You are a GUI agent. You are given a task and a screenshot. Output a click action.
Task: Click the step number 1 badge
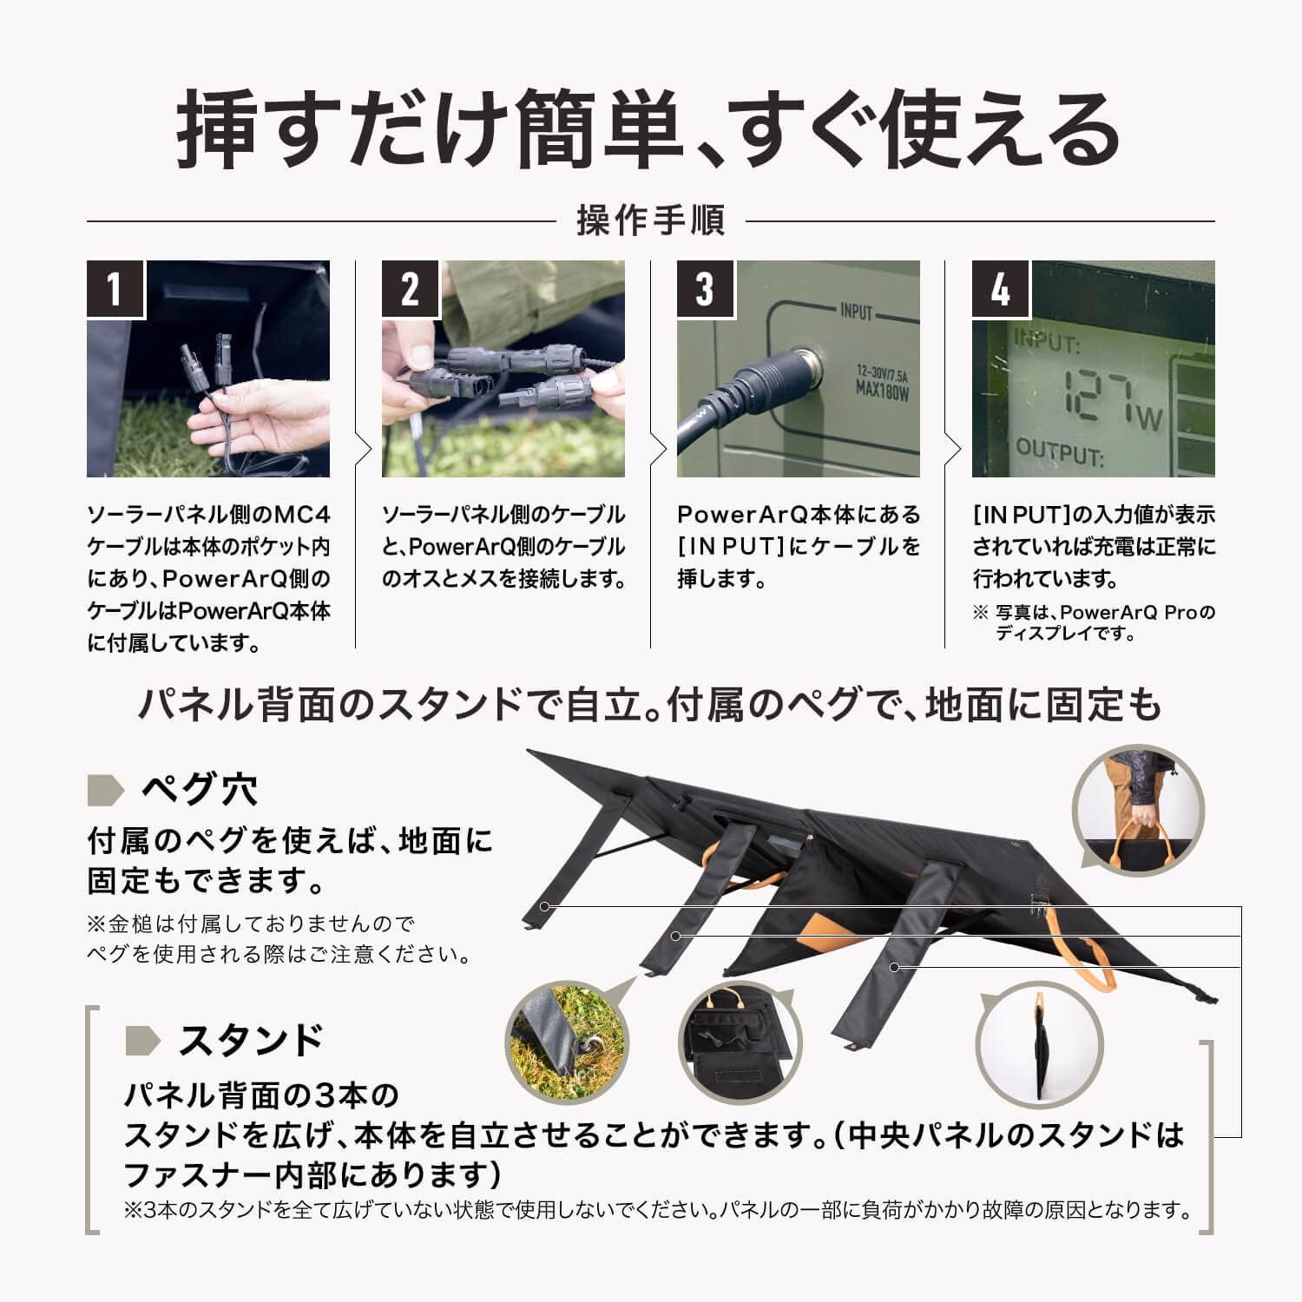click(x=115, y=288)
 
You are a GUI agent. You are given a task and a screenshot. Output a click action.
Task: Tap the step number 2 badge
click(x=411, y=288)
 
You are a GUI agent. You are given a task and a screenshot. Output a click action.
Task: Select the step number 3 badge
click(x=706, y=288)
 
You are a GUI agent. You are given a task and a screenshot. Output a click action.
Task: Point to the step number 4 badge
click(x=1001, y=288)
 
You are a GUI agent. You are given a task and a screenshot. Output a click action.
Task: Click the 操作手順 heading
click(x=650, y=220)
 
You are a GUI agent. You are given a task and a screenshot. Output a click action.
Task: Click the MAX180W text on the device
click(x=881, y=393)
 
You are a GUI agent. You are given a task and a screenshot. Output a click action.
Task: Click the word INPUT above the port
click(x=856, y=312)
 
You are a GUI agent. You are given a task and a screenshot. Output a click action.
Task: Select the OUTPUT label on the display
click(x=1059, y=452)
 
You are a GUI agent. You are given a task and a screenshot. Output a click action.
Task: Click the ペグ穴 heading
click(x=199, y=790)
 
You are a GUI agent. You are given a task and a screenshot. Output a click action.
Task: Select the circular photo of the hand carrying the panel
click(x=1138, y=811)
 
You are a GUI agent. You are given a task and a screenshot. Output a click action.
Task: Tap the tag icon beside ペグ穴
click(x=106, y=790)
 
